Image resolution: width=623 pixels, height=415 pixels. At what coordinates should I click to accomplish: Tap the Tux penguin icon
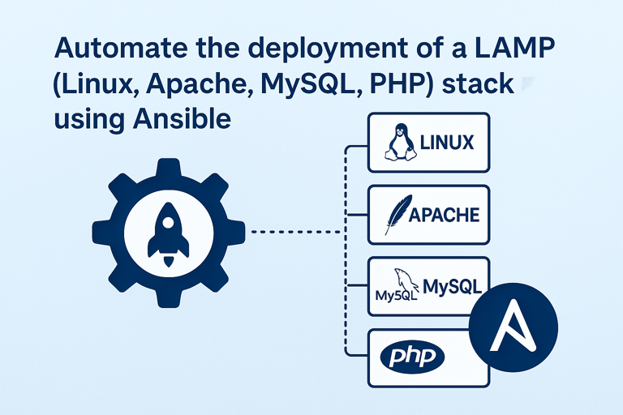click(397, 143)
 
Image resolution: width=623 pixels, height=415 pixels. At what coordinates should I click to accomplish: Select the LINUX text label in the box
click(447, 144)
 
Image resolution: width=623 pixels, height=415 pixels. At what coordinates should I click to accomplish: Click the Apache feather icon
click(395, 215)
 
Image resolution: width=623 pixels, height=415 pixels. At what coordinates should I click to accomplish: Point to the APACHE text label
click(444, 216)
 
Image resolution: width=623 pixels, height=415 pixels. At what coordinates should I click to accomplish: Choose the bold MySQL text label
click(453, 286)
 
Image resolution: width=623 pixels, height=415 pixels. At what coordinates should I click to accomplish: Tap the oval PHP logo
click(413, 357)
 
